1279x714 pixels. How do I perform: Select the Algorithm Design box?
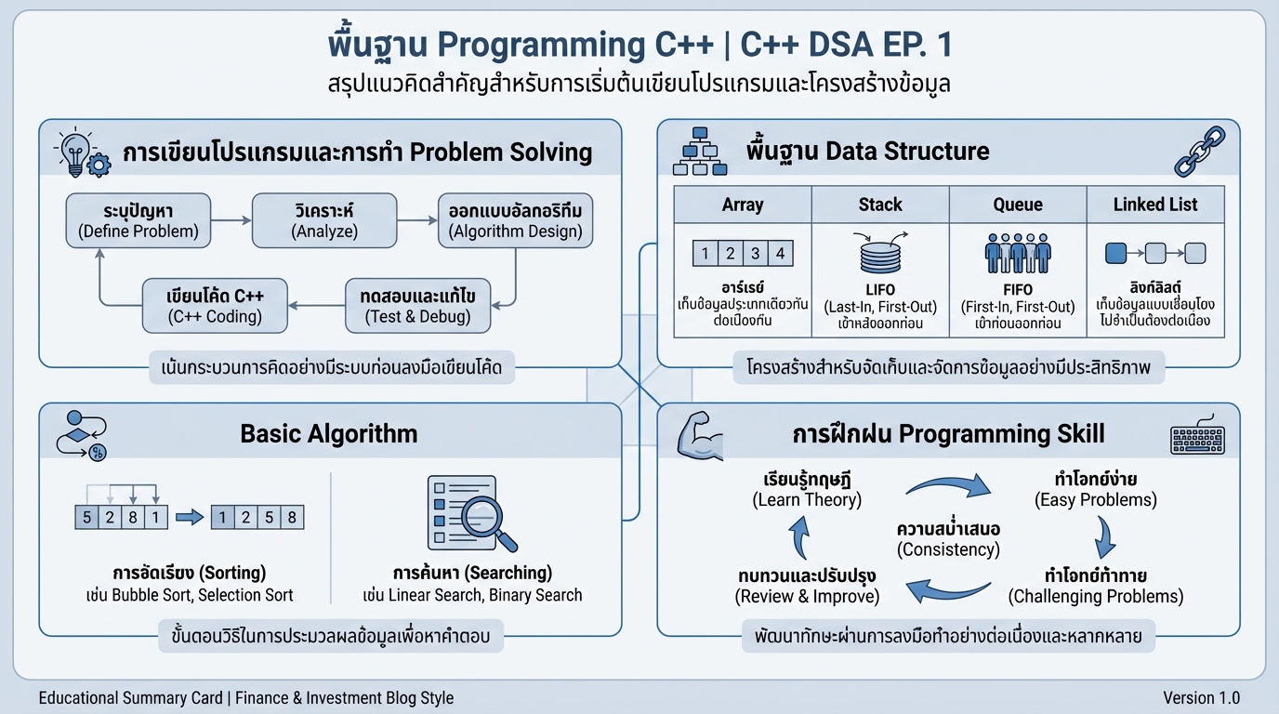pyautogui.click(x=516, y=220)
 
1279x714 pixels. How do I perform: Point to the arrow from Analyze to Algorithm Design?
pyautogui.click(x=416, y=220)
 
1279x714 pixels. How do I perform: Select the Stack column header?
pyautogui.click(x=880, y=205)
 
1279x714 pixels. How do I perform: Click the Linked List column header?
pyautogui.click(x=1155, y=205)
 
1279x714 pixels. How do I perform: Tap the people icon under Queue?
pyautogui.click(x=1017, y=253)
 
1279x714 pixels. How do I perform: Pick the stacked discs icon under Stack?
pyautogui.click(x=878, y=253)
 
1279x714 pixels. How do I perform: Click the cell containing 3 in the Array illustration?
pyautogui.click(x=755, y=253)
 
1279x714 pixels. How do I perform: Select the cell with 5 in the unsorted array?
pyautogui.click(x=86, y=517)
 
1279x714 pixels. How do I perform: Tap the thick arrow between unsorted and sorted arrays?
pyautogui.click(x=190, y=518)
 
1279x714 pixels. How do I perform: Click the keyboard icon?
pyautogui.click(x=1197, y=438)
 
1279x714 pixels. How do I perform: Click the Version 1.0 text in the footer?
pyautogui.click(x=1201, y=697)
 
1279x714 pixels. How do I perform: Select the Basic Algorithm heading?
pyautogui.click(x=328, y=433)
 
